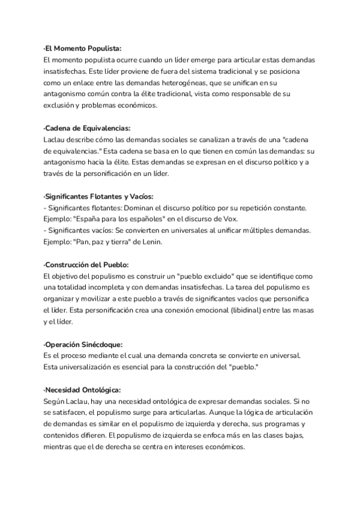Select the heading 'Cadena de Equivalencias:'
[x=87, y=128]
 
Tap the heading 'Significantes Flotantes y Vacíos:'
[x=99, y=196]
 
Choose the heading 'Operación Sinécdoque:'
[x=83, y=344]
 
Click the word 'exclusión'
[x=61, y=106]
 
